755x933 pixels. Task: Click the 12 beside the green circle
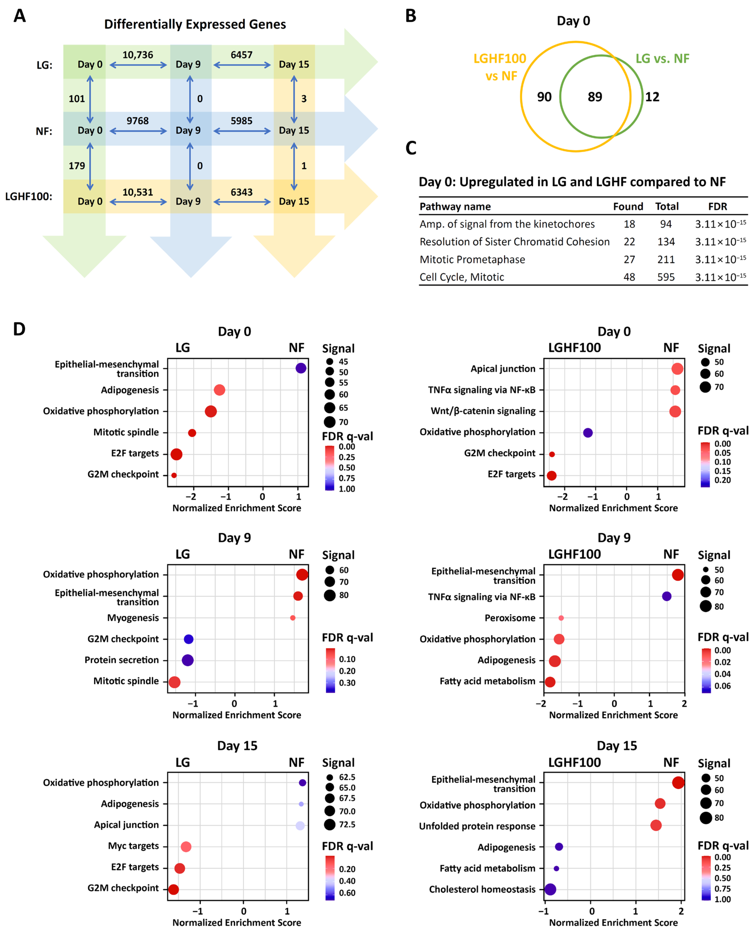[652, 96]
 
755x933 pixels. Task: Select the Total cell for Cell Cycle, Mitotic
[666, 277]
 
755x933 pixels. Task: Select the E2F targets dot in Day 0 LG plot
[176, 454]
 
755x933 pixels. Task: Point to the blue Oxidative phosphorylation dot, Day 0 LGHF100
[588, 432]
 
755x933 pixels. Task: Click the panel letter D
[19, 329]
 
